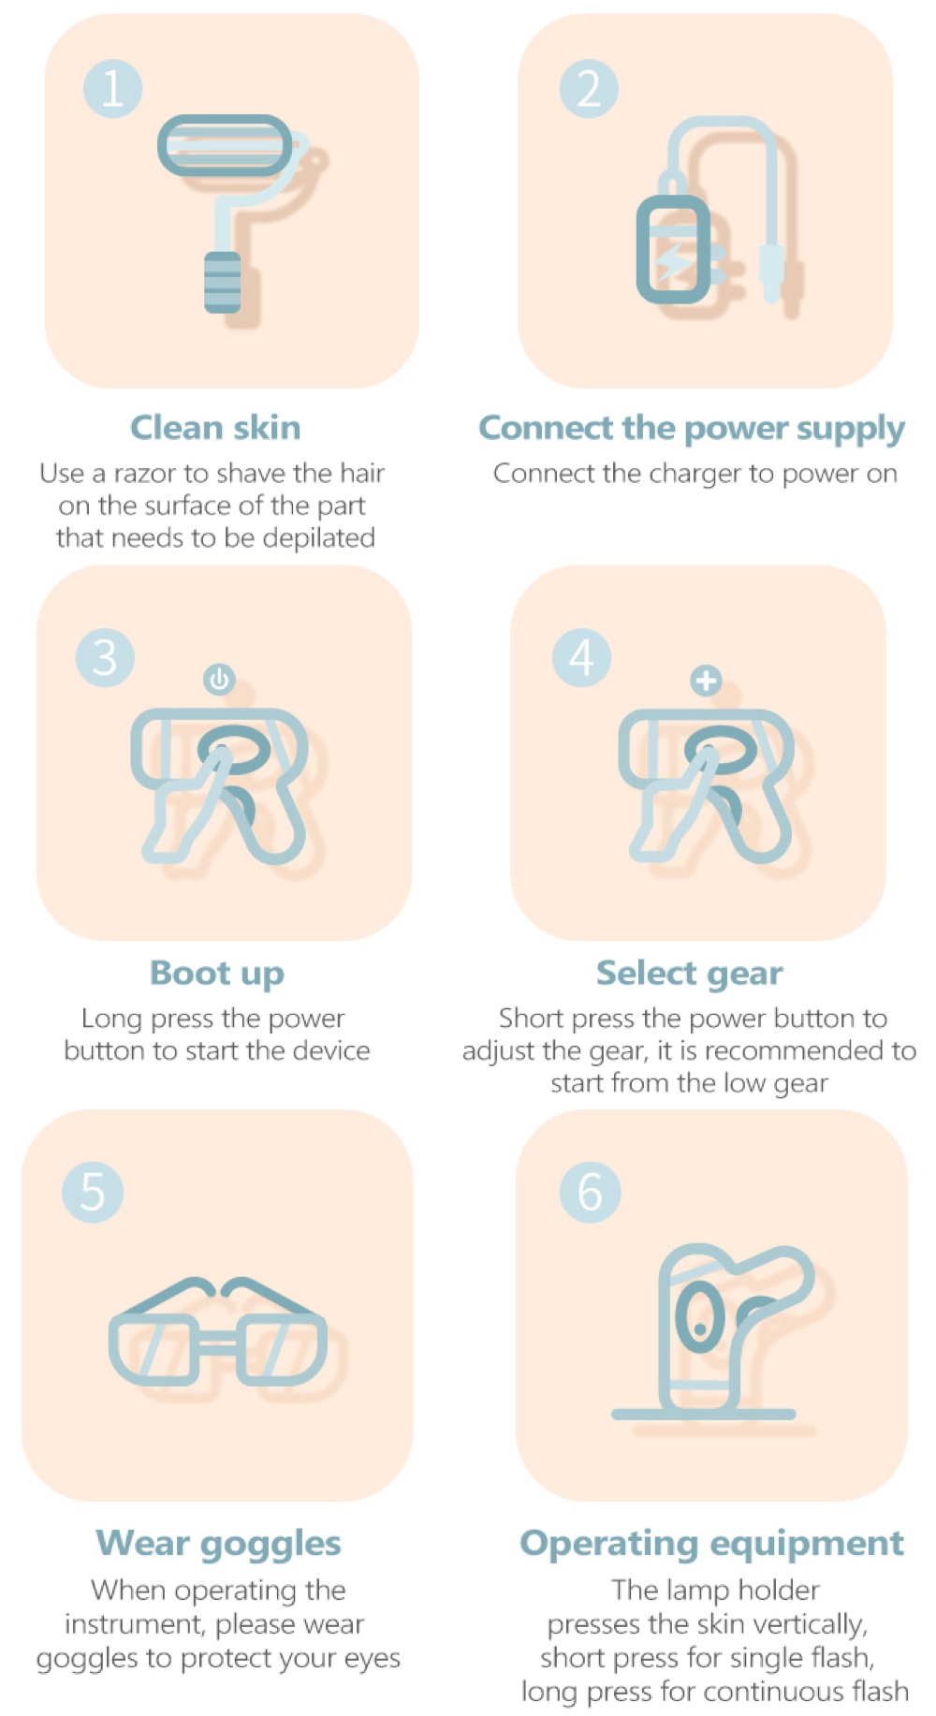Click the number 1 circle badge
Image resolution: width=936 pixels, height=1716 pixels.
pos(112,89)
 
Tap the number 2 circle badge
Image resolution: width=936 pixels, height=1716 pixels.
pos(589,89)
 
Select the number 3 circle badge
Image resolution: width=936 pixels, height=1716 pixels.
pos(105,657)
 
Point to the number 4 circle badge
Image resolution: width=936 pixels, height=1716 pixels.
pos(581,657)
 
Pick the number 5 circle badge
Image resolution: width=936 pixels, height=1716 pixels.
pos(93,1192)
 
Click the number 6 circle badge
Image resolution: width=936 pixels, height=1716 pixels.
pos(591,1192)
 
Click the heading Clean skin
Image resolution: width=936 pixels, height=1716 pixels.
pos(215,428)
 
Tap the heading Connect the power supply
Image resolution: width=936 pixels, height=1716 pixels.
pos(692,429)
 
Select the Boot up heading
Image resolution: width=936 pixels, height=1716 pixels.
pos(217,974)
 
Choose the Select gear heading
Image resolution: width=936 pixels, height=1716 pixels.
pos(690,974)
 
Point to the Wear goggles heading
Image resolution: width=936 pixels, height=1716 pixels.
pos(219,1544)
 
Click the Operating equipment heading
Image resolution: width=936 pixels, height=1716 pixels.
pos(712,1544)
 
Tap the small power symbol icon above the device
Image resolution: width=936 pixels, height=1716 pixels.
pos(219,679)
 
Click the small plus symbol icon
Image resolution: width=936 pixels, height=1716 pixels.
pos(706,680)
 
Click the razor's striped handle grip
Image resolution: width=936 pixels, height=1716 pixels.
pos(223,281)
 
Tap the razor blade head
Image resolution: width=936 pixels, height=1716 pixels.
pos(225,145)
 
